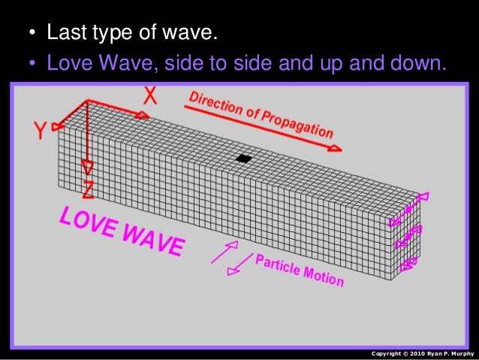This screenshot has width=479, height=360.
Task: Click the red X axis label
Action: tap(150, 95)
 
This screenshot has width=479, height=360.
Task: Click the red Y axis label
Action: tap(41, 132)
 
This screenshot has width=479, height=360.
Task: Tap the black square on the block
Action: tap(243, 159)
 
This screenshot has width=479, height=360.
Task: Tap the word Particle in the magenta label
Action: tap(279, 266)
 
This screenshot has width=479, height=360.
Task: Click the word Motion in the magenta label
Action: tap(324, 277)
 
